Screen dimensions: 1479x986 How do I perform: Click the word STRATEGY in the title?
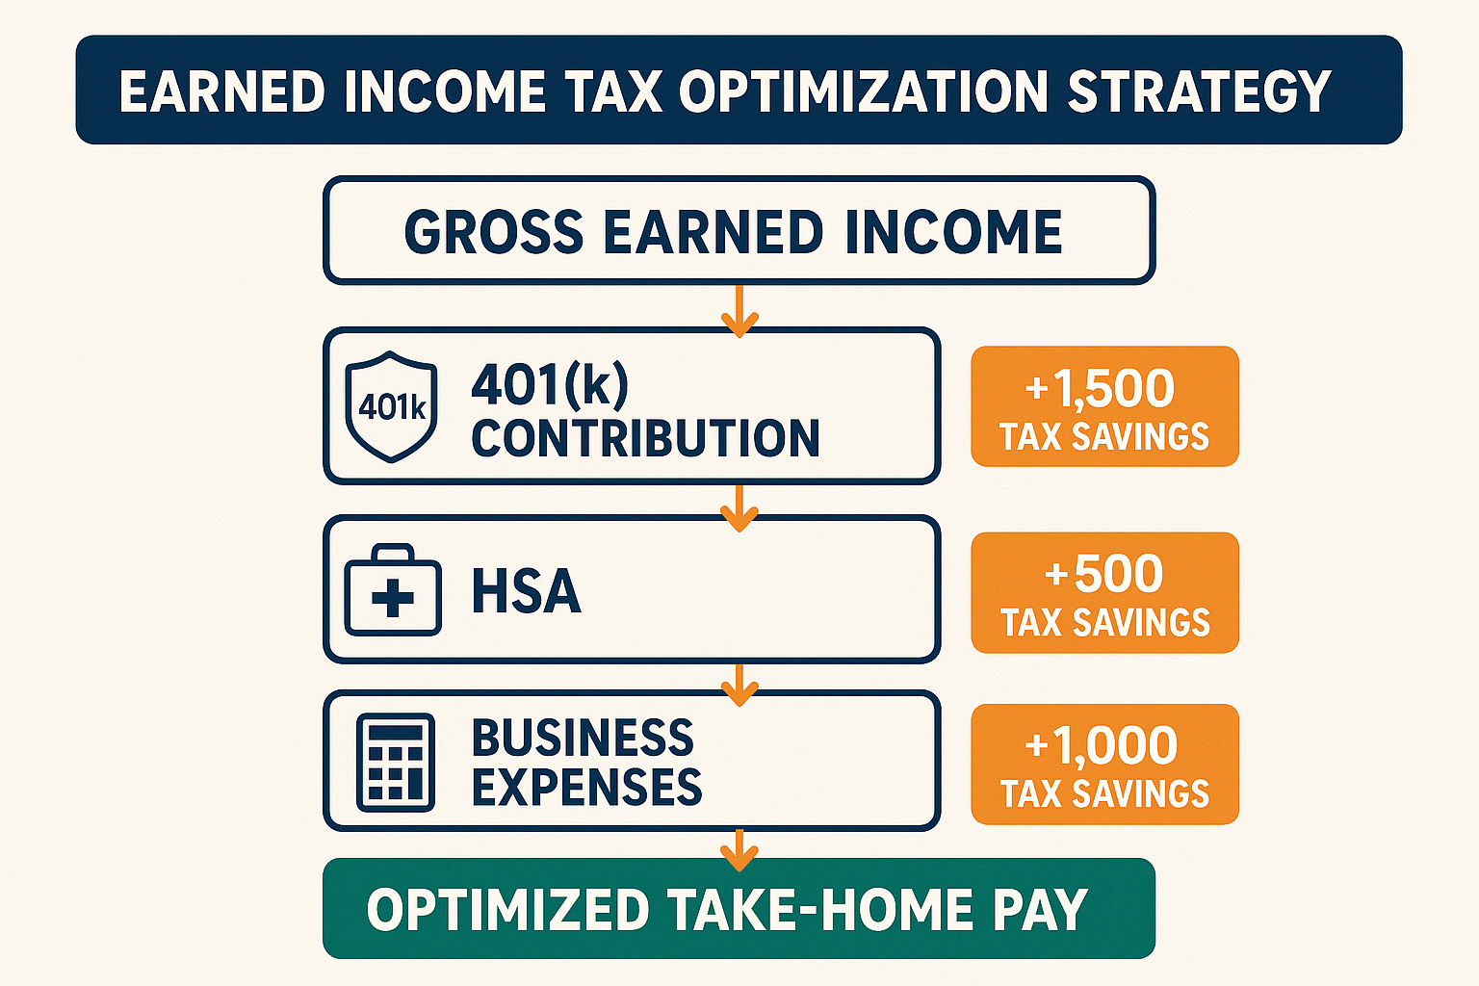click(x=1199, y=91)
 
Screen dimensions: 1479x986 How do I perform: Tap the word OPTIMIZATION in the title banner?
click(x=864, y=91)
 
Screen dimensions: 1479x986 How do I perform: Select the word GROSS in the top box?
click(x=494, y=232)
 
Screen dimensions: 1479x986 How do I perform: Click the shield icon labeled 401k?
click(x=392, y=406)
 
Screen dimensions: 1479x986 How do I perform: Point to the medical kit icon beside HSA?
click(x=393, y=589)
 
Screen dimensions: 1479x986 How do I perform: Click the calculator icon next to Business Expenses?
click(x=396, y=762)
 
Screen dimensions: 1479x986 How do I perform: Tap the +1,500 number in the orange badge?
click(x=1100, y=388)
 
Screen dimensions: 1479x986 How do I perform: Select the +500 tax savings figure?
click(x=1104, y=573)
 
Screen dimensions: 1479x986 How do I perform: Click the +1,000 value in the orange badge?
click(x=1101, y=745)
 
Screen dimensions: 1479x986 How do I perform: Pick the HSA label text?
click(x=527, y=591)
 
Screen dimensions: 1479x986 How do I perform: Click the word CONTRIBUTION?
click(x=646, y=438)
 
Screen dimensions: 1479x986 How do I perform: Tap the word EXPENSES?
click(x=587, y=787)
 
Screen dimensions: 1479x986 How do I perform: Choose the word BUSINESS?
click(x=583, y=737)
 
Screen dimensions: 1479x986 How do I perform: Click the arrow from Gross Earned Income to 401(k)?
click(x=739, y=311)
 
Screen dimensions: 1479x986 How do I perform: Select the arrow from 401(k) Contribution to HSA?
click(x=739, y=508)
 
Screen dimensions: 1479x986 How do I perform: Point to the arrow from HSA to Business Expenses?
click(x=739, y=685)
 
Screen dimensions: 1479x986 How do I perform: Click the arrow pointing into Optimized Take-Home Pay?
click(x=739, y=850)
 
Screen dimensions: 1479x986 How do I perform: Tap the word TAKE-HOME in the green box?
click(x=820, y=909)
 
